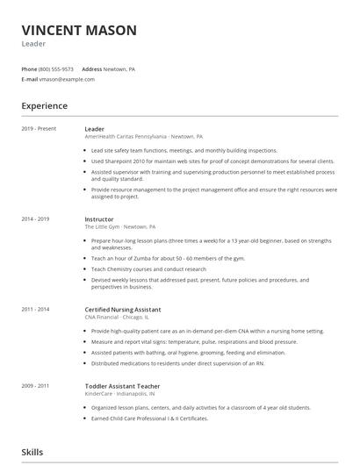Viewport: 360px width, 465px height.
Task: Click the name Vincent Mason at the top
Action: tap(79, 31)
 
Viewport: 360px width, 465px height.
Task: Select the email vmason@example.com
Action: tap(60, 79)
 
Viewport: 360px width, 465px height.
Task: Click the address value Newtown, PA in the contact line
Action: tap(119, 68)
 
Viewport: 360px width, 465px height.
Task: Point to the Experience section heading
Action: tap(45, 106)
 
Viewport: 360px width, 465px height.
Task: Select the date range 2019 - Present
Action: tap(39, 129)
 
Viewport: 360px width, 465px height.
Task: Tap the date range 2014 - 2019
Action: tap(36, 218)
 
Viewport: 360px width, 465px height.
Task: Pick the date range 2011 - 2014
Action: tap(36, 309)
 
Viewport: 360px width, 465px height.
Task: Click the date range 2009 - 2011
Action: tap(36, 386)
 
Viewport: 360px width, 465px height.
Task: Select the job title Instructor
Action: tap(98, 218)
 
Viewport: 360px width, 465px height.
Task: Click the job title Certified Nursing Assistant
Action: tap(122, 309)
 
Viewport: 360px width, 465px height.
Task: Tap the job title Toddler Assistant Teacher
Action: tap(121, 386)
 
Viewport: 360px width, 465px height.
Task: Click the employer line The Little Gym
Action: tap(102, 226)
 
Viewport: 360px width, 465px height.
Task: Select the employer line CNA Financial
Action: tap(103, 317)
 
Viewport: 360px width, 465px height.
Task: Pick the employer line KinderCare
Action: tap(97, 394)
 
